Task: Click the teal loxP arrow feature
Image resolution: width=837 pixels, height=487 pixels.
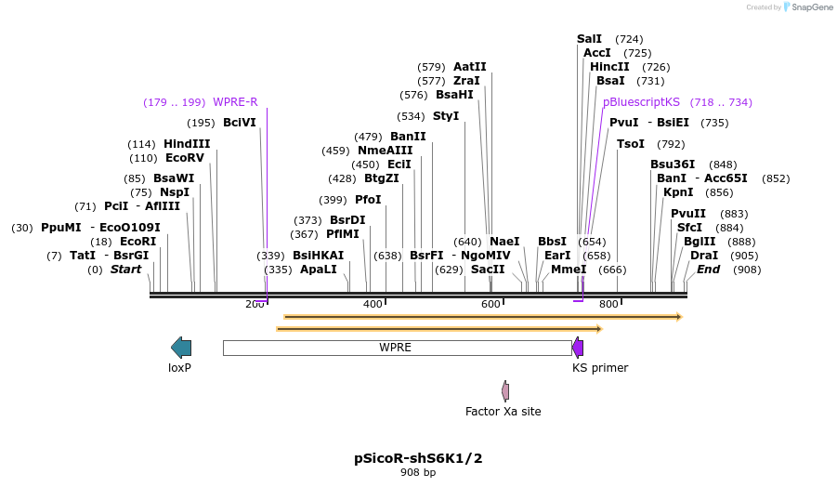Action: [181, 348]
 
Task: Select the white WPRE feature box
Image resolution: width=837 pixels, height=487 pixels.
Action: [397, 348]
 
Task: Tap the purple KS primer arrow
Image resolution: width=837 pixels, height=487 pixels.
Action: [578, 348]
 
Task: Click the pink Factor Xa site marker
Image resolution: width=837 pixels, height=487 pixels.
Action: [505, 391]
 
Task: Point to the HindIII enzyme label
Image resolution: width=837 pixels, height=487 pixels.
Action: [187, 144]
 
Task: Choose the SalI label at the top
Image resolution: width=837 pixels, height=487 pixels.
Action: [589, 39]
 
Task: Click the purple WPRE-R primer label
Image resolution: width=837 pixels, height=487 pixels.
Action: [235, 102]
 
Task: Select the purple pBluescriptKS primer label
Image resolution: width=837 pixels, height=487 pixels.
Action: [641, 102]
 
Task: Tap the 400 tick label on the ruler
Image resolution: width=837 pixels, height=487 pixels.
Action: [373, 305]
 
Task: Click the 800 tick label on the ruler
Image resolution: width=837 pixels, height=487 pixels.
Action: [608, 305]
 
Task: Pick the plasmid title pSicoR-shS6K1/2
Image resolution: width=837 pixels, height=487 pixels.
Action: [418, 458]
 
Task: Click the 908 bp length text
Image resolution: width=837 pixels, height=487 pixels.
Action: [418, 473]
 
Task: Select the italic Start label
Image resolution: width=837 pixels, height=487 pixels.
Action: [125, 270]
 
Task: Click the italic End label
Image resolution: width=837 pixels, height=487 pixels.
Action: [708, 270]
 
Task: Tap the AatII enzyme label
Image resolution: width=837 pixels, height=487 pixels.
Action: [469, 67]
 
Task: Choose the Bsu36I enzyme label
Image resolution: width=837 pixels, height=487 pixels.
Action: [673, 165]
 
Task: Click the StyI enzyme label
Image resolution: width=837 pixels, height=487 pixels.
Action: [446, 116]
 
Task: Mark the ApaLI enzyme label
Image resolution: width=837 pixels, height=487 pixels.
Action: [319, 270]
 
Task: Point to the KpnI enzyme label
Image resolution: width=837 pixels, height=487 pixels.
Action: [678, 192]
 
